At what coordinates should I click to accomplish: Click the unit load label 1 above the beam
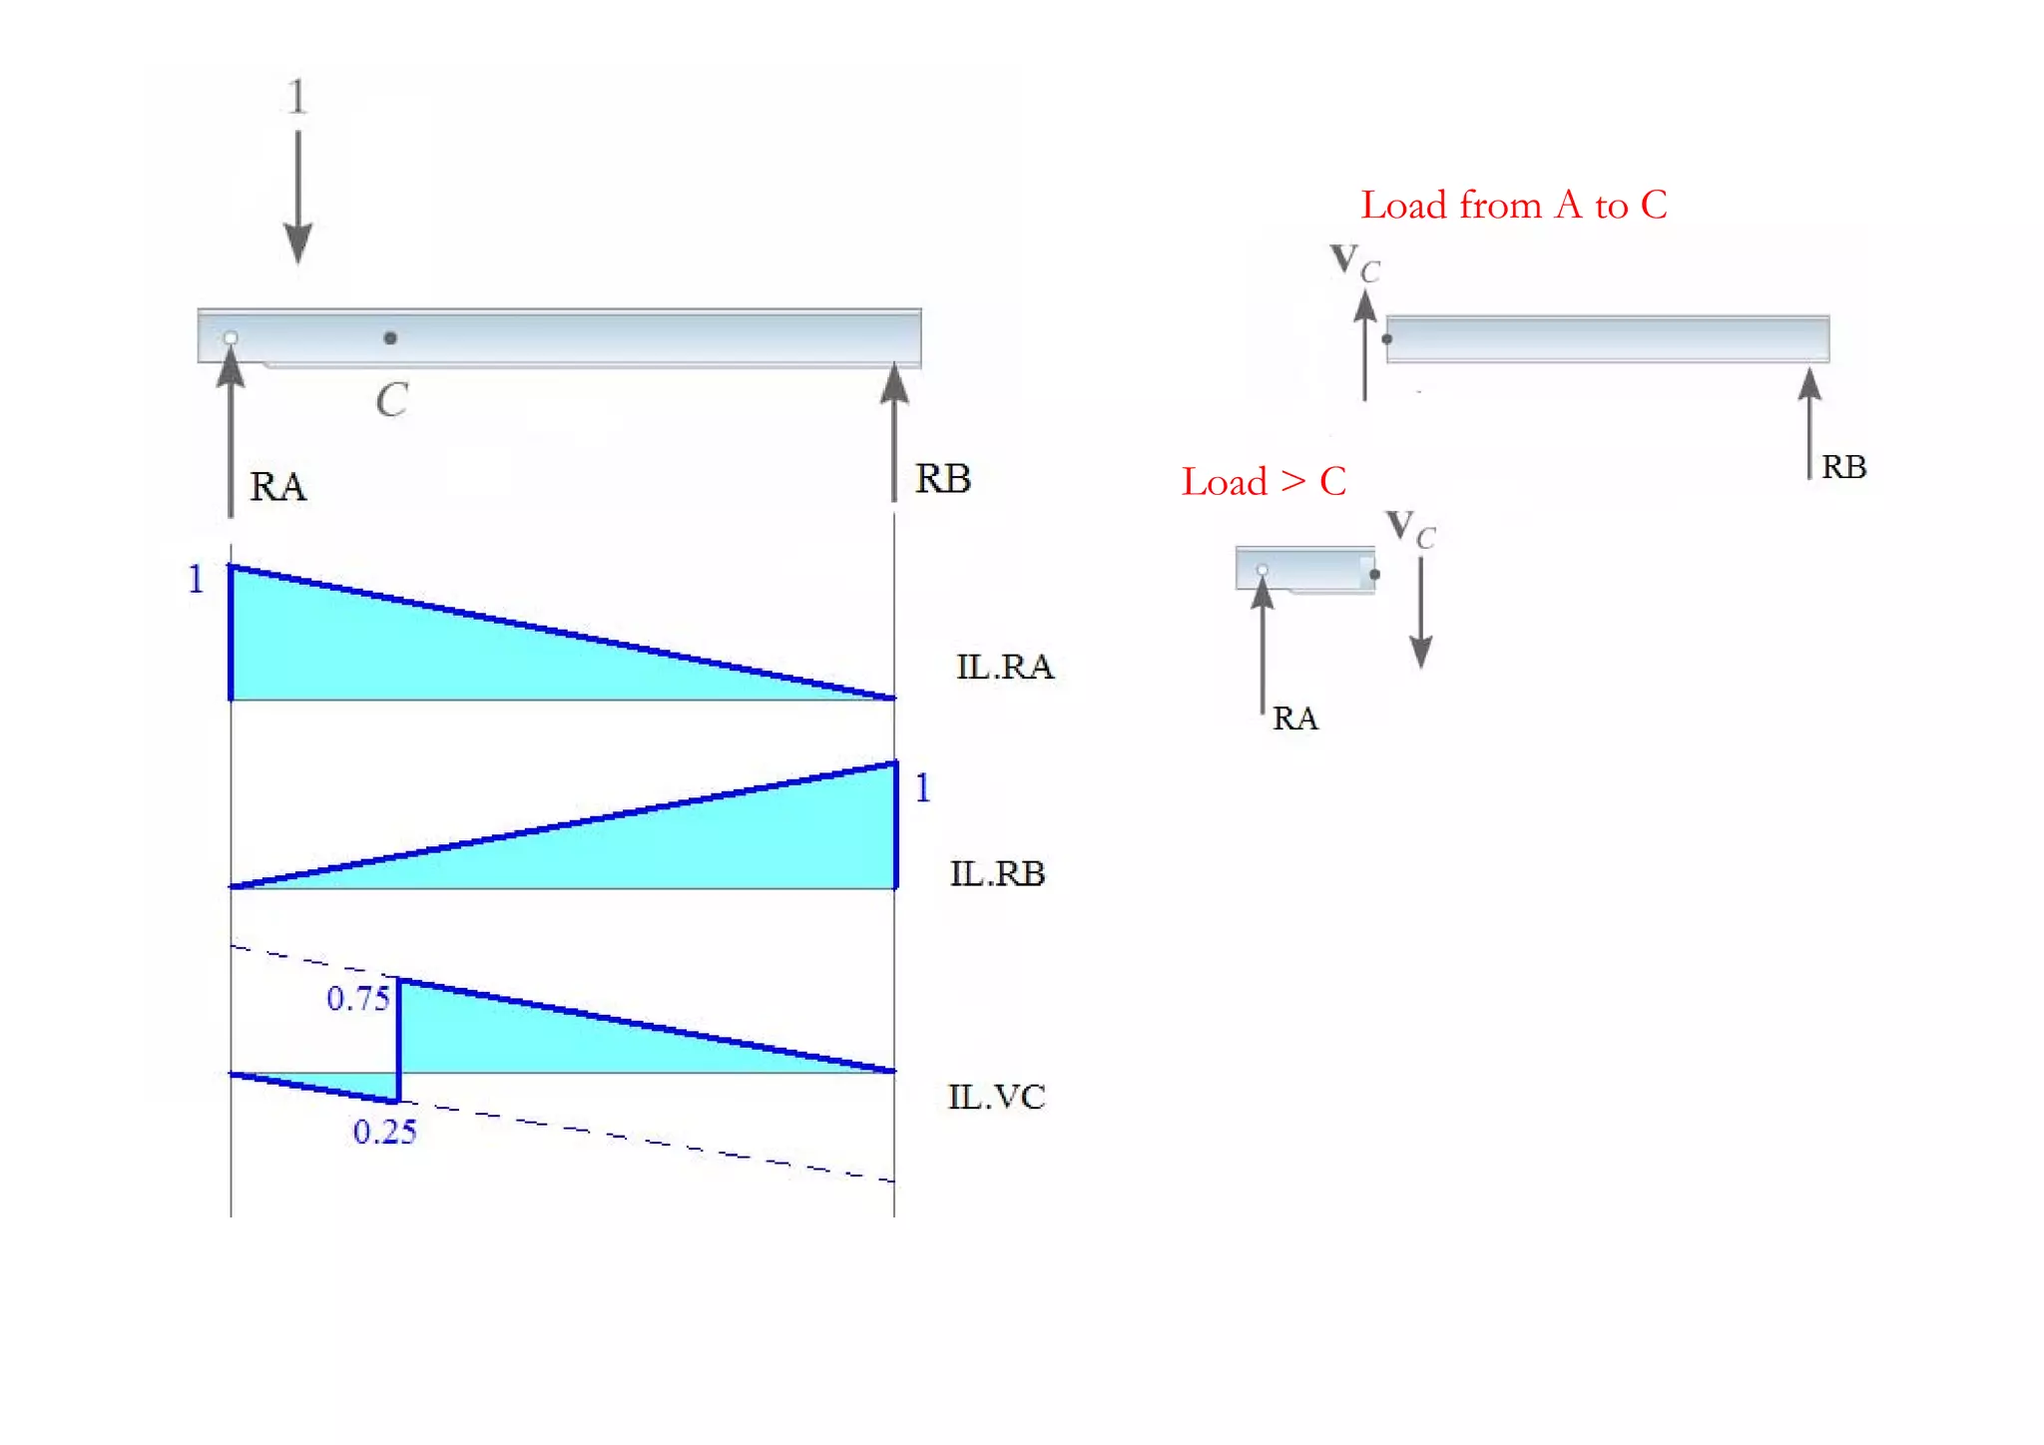[x=296, y=98]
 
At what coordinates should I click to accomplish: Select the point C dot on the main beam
[x=390, y=338]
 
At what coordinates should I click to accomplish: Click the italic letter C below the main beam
[x=392, y=400]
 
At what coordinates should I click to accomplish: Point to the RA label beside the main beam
[x=277, y=487]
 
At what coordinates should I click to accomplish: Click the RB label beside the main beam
[x=943, y=479]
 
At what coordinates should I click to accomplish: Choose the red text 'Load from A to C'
[x=1513, y=206]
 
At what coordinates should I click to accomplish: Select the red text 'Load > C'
[x=1264, y=482]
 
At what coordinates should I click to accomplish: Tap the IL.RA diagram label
[x=1004, y=667]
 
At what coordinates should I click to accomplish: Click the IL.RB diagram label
[x=997, y=874]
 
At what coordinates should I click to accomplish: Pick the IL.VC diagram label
[x=996, y=1098]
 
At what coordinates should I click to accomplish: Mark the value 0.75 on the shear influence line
[x=357, y=999]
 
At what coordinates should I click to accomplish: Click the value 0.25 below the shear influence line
[x=384, y=1132]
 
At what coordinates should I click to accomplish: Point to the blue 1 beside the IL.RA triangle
[x=196, y=580]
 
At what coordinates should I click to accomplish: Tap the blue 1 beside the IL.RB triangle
[x=923, y=788]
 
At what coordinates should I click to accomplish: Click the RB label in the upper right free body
[x=1843, y=467]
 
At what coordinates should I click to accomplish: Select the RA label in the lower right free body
[x=1294, y=719]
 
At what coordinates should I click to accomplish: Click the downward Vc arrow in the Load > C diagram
[x=1420, y=613]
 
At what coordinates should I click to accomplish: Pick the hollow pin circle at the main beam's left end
[x=231, y=338]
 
